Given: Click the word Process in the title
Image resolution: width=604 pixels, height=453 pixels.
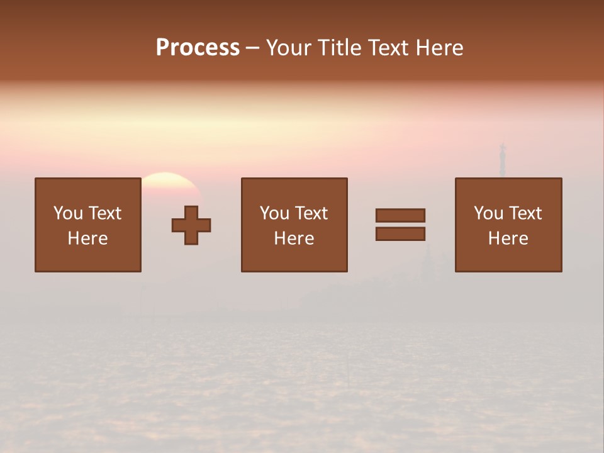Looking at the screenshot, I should point(198,48).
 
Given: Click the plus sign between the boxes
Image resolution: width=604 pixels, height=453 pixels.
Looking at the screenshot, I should point(191,225).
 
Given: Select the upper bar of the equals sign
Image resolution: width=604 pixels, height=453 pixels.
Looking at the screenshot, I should point(400,215).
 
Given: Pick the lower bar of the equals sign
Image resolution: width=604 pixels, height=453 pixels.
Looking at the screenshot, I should point(400,233).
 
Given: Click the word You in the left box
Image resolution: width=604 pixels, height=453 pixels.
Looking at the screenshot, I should point(68,213).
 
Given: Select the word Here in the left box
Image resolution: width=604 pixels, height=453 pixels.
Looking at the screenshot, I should point(87,238).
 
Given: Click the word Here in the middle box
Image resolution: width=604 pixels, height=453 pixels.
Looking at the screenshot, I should point(294,238).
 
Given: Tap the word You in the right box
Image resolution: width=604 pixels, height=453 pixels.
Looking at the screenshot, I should point(488,213).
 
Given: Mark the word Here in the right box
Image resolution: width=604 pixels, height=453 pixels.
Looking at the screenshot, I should point(508,238).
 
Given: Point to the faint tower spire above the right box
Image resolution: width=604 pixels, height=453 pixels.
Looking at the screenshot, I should point(502,157).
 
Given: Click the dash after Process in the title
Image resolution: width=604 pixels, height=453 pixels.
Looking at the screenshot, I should point(253,48).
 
